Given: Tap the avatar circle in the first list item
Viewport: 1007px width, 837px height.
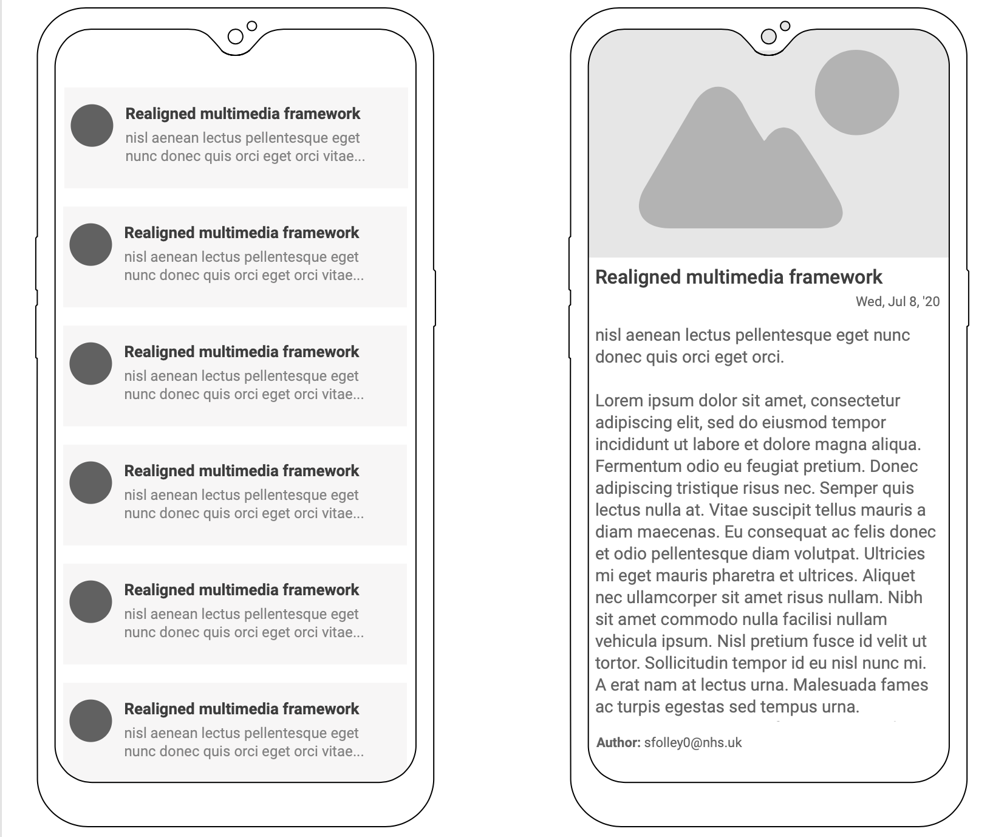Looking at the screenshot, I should (92, 126).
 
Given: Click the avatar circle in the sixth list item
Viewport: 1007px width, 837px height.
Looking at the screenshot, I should (90, 721).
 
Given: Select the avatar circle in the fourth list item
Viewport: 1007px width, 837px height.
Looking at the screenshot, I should (90, 483).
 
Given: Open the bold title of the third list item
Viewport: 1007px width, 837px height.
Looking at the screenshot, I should (242, 352).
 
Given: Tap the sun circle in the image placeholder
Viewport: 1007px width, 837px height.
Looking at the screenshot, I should (856, 92).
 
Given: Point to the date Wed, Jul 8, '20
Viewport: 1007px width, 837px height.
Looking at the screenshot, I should (897, 301).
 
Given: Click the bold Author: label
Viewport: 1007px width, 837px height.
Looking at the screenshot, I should (618, 742).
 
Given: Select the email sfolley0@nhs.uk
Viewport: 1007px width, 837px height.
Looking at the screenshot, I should (693, 742).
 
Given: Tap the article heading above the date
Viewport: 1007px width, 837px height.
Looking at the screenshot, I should (739, 277).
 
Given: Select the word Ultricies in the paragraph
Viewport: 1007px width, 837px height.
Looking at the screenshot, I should (894, 554).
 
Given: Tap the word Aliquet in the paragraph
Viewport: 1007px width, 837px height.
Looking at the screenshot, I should (888, 576).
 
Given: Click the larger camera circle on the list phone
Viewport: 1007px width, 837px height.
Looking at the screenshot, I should (235, 36).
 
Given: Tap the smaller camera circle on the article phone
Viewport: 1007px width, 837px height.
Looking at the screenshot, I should (785, 26).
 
